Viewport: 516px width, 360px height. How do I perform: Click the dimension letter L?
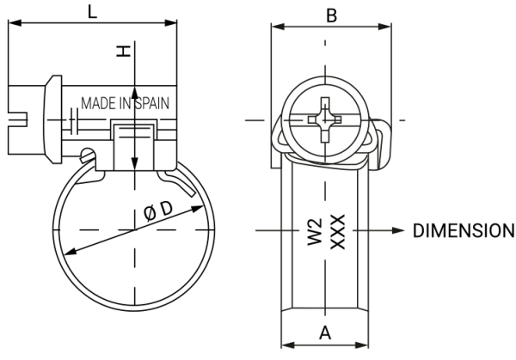click(x=93, y=11)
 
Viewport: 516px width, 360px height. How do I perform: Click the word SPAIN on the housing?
click(x=151, y=103)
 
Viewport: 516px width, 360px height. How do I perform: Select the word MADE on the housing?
click(x=98, y=103)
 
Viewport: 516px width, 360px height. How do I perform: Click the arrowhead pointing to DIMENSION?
click(x=397, y=231)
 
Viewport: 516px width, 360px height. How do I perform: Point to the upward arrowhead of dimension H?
click(x=135, y=90)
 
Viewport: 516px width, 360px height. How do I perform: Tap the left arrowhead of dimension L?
click(x=14, y=25)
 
